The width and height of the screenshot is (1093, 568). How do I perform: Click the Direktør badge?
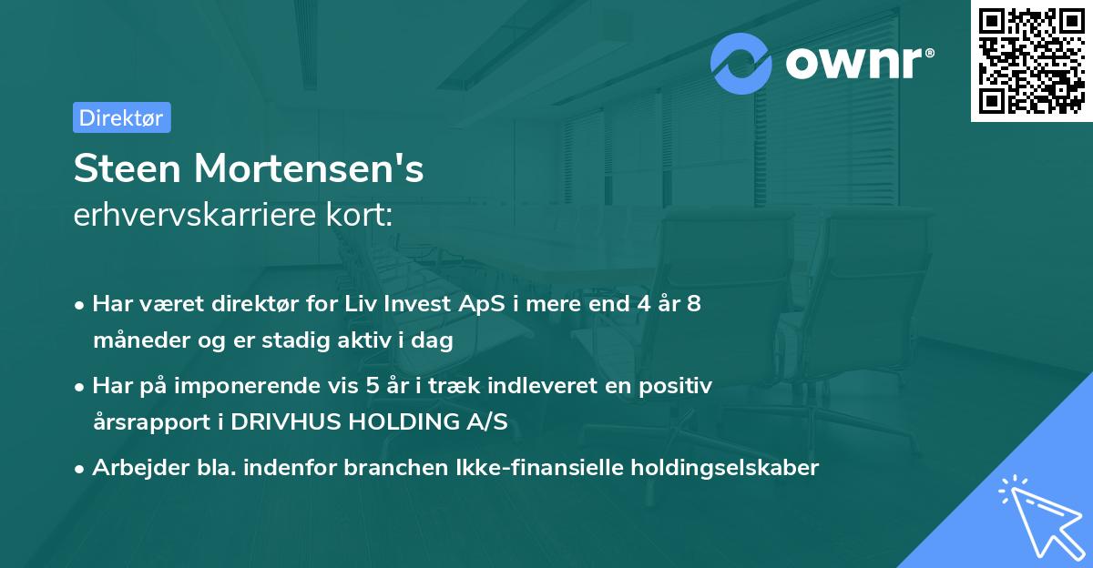[121, 117]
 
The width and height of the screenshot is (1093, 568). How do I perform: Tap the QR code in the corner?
[1031, 61]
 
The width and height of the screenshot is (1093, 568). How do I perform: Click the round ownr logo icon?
[742, 64]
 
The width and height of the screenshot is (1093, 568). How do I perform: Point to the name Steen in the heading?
[128, 169]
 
